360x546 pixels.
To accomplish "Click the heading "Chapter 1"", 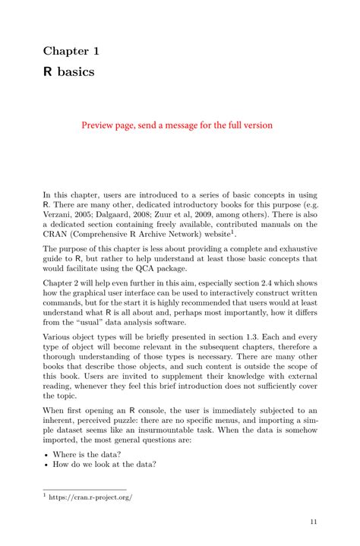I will coord(71,51).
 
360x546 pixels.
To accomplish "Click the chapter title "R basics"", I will coord(68,73).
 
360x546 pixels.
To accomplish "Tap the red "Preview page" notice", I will coord(177,125).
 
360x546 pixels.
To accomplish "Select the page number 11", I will coord(313,522).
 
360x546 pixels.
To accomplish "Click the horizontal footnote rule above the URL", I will coord(84,489).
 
